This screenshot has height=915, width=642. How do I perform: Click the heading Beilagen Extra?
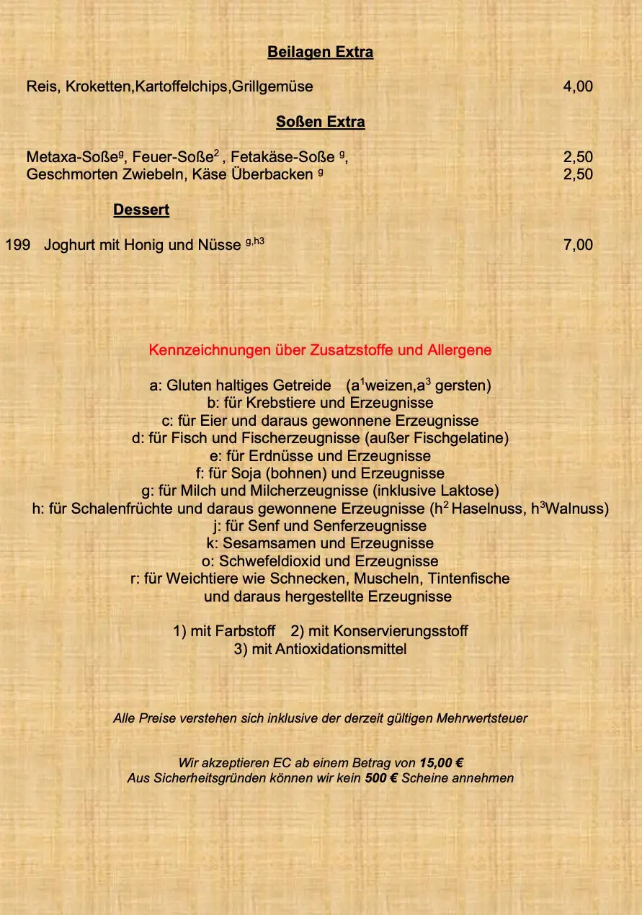coord(320,52)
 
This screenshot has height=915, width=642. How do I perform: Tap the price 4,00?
coord(578,86)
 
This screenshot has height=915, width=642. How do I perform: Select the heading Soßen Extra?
coord(320,122)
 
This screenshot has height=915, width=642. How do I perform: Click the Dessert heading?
coord(141,210)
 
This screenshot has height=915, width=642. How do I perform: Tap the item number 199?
coord(17,245)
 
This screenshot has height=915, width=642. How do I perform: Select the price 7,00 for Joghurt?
coord(578,245)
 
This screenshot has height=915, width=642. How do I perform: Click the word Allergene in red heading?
coord(459,350)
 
